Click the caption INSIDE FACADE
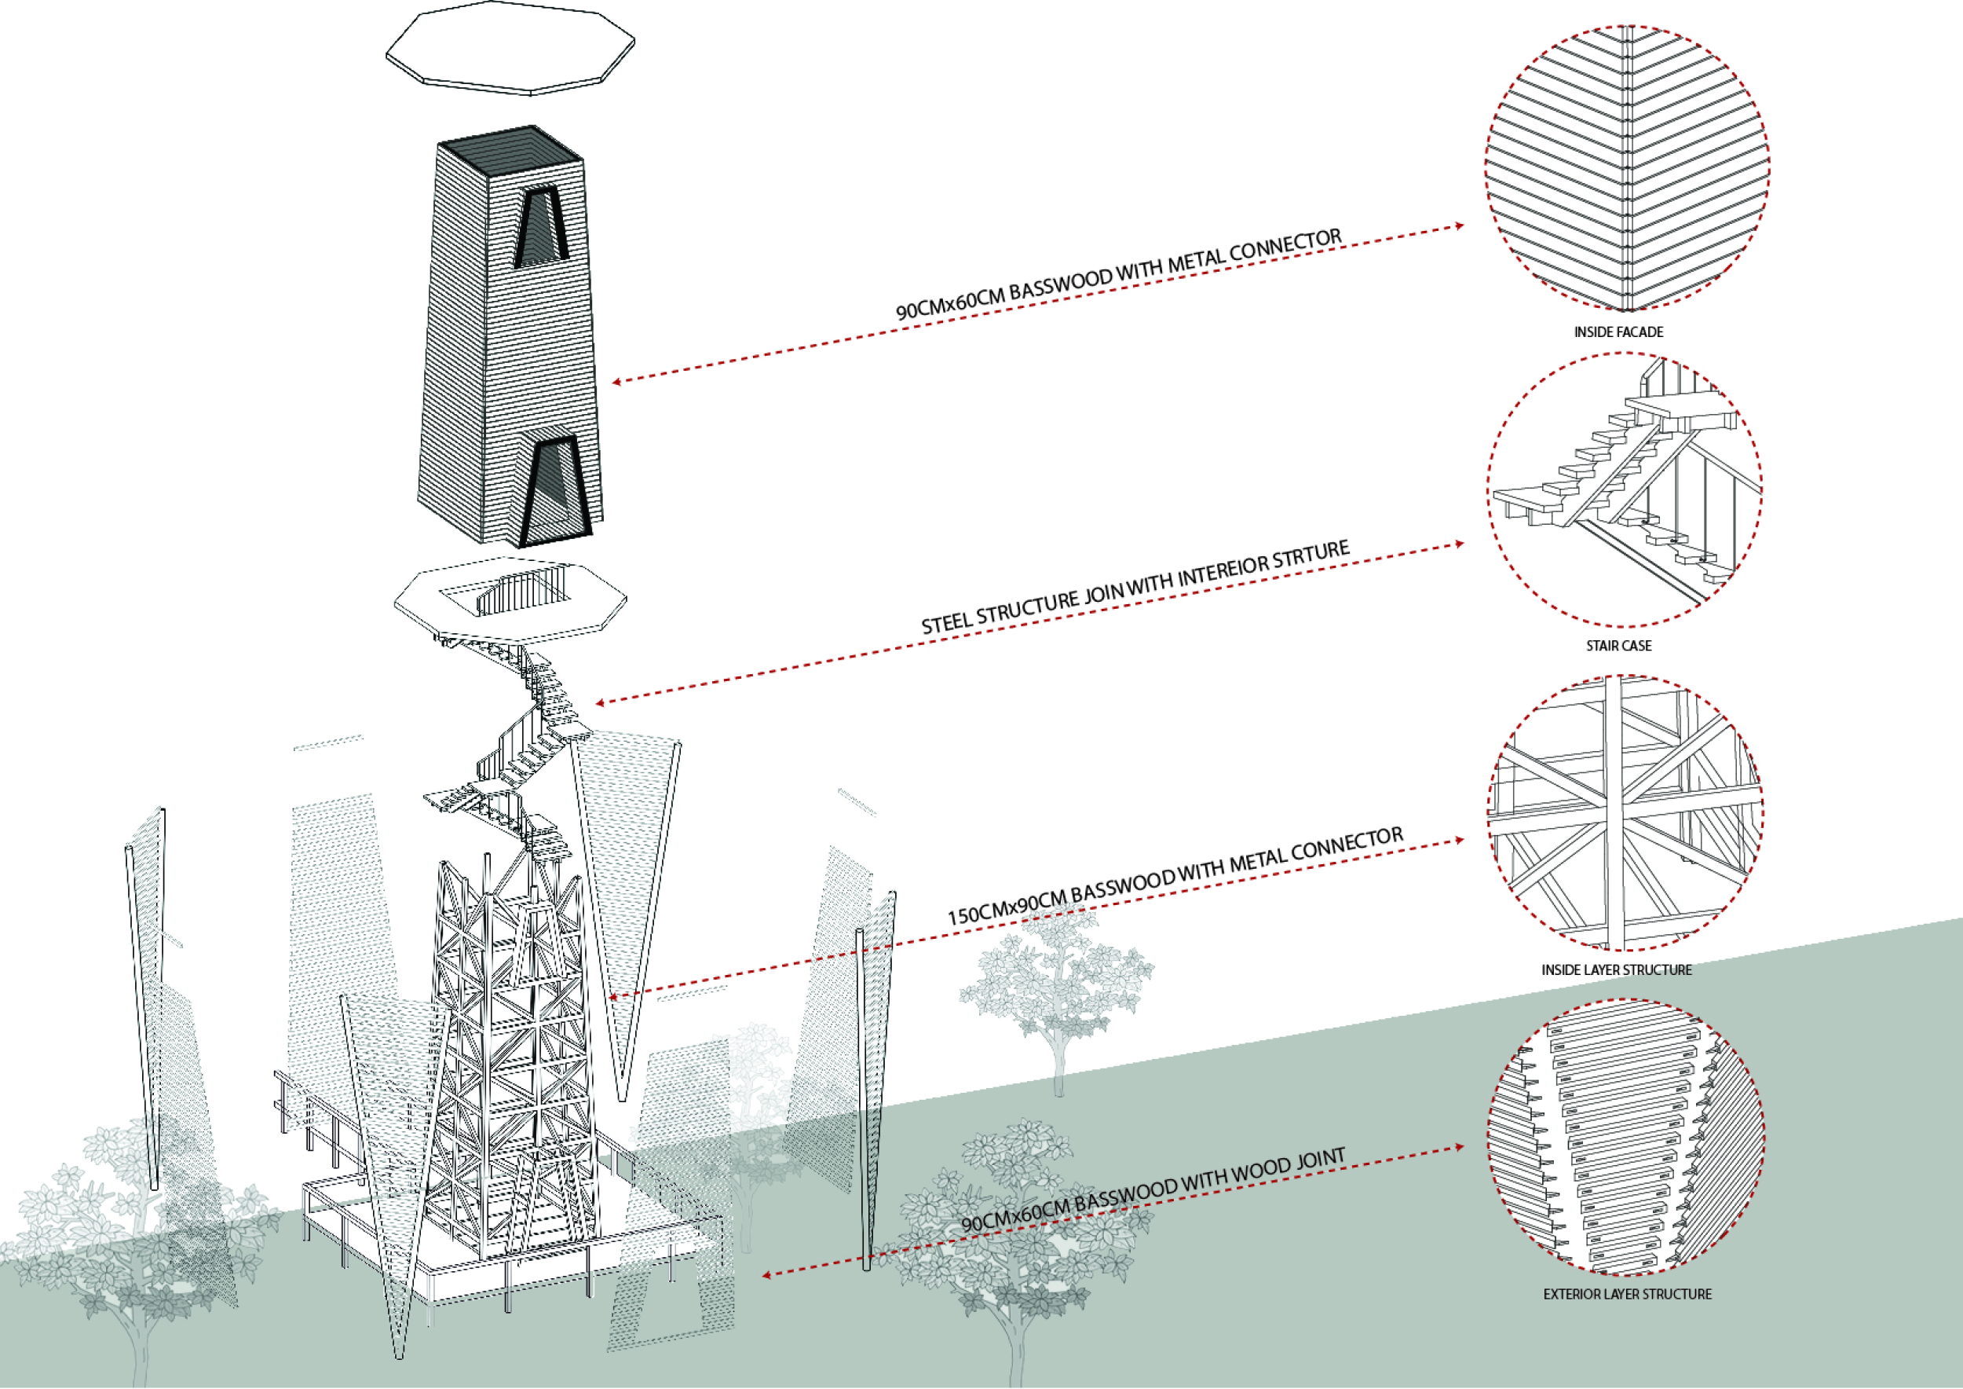click(x=1618, y=332)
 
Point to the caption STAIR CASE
click(x=1618, y=646)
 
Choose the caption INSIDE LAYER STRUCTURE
click(x=1616, y=970)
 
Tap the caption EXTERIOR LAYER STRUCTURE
click(x=1627, y=1294)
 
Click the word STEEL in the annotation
click(x=946, y=621)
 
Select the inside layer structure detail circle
click(x=1625, y=813)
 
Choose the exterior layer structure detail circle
click(x=1626, y=1138)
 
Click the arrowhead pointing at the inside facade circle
click(x=1459, y=225)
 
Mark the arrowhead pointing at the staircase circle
click(x=1459, y=543)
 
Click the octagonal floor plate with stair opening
click(x=510, y=600)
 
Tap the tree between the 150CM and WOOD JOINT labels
click(x=1058, y=992)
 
